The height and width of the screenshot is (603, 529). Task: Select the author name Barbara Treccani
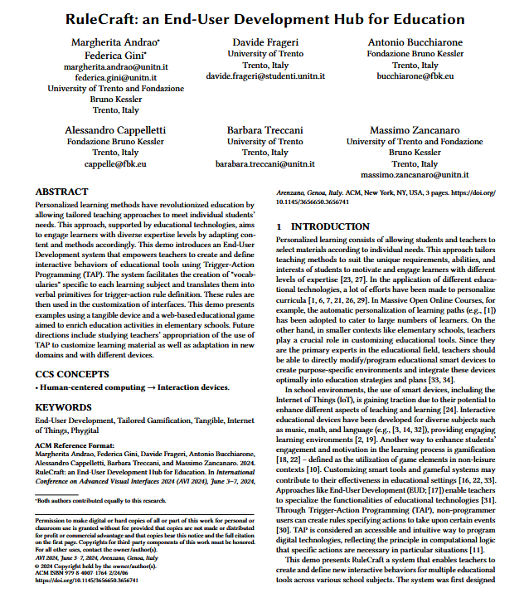[x=266, y=130]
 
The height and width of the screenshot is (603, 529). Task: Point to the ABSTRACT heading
[x=61, y=191]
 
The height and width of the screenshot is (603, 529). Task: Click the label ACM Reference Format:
[x=75, y=446]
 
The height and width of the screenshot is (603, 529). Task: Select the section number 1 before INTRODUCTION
[x=279, y=226]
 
